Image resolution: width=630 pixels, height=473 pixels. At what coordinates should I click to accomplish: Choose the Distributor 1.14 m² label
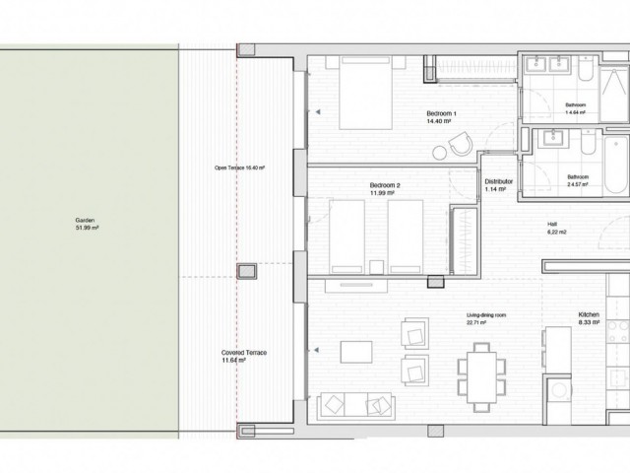tap(495, 184)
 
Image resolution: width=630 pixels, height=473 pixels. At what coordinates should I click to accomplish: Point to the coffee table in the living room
tap(354, 353)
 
